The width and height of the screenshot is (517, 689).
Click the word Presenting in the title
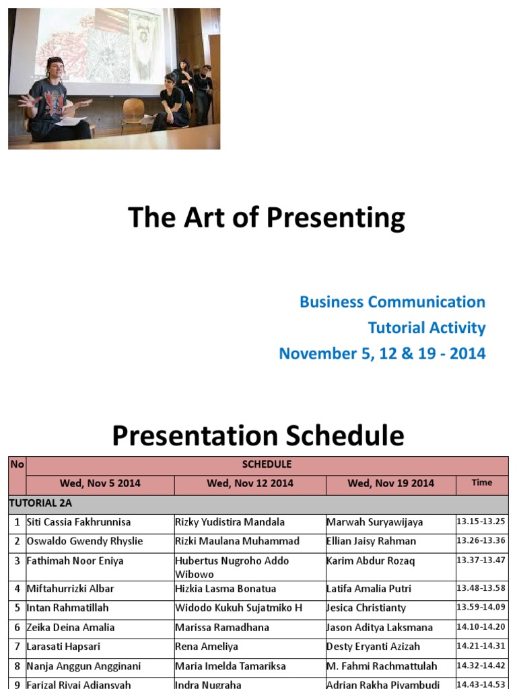[x=337, y=218]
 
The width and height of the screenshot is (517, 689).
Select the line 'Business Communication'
[x=392, y=302]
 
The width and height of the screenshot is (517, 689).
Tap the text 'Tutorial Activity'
[x=426, y=328]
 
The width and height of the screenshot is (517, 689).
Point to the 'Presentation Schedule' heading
[x=258, y=436]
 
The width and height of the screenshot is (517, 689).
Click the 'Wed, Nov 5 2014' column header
[x=100, y=483]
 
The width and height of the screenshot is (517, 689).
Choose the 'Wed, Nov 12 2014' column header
[x=250, y=483]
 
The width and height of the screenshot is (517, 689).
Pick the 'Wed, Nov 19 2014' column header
[x=390, y=483]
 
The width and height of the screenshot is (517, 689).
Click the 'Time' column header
[x=481, y=482]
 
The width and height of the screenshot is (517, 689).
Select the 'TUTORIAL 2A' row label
[x=40, y=503]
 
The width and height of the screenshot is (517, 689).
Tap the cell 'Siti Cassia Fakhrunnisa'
[x=79, y=522]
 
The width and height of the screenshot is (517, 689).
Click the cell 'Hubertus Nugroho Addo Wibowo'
[x=232, y=567]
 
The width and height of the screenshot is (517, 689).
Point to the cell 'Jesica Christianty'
[x=366, y=608]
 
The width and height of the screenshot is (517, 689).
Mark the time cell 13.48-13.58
[x=481, y=587]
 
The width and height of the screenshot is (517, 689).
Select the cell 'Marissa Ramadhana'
[x=221, y=627]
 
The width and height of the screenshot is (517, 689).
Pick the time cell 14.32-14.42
[x=481, y=665]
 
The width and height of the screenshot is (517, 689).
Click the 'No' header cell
[x=17, y=464]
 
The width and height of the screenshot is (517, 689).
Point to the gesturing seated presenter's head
[x=55, y=67]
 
